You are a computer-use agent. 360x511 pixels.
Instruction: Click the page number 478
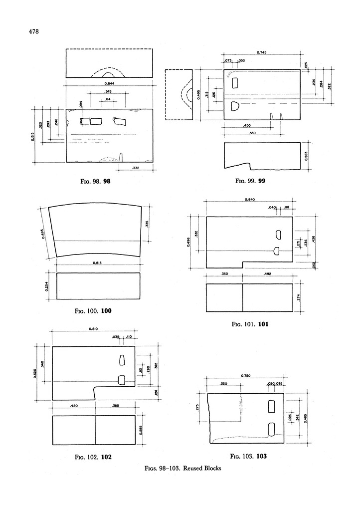[x=33, y=32]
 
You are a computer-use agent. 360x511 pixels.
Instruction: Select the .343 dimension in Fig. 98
[x=108, y=92]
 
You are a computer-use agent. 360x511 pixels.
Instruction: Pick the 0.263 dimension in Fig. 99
[x=308, y=156]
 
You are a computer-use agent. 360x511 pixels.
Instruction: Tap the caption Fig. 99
[x=251, y=181]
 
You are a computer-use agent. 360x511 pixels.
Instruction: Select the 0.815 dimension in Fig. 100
[x=98, y=262]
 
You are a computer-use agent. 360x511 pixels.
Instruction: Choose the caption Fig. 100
[x=93, y=311]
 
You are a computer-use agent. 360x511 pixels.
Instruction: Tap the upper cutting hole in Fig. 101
[x=278, y=235]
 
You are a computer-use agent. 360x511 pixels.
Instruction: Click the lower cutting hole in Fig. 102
[x=121, y=380]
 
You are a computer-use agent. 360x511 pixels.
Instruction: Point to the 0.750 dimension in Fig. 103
[x=245, y=376]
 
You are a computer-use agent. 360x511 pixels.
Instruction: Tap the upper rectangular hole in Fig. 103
[x=272, y=406]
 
